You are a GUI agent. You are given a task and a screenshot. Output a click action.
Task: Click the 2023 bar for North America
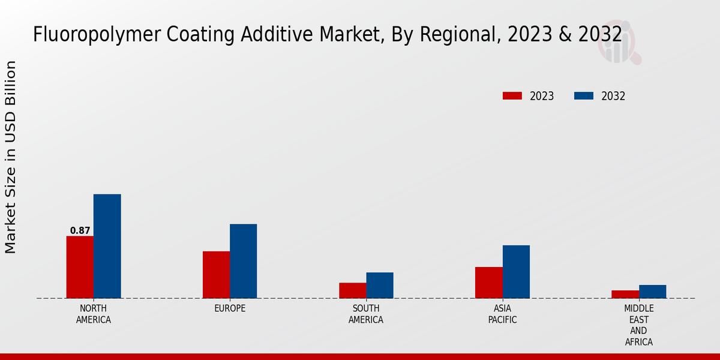[x=80, y=267]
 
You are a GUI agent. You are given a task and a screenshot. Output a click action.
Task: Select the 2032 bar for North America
[x=107, y=246]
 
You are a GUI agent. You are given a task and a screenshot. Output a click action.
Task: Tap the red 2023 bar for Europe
[x=216, y=274]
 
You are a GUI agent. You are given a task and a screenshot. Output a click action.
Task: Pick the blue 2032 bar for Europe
[x=243, y=261]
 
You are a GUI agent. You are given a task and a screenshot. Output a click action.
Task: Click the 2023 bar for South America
[x=352, y=290]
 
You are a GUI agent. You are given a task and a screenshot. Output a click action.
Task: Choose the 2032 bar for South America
[x=380, y=285]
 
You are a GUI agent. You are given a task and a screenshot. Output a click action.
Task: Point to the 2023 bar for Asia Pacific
[x=488, y=283]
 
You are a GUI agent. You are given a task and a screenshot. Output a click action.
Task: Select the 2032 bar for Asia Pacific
[x=516, y=271]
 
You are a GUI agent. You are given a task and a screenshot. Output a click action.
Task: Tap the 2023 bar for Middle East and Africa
[x=625, y=294]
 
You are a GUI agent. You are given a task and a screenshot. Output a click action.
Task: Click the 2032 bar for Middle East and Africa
[x=652, y=292]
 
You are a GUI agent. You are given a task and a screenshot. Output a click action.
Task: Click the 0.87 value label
[x=80, y=230]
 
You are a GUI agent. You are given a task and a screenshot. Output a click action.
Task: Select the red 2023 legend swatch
[x=512, y=96]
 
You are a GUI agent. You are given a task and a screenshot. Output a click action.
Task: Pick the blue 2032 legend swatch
[x=583, y=96]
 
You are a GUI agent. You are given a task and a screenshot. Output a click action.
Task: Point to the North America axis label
[x=93, y=314]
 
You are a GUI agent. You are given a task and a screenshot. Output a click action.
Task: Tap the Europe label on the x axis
[x=230, y=308]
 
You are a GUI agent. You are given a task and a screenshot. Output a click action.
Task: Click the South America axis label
[x=366, y=314]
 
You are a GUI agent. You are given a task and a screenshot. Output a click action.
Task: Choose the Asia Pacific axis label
[x=502, y=314]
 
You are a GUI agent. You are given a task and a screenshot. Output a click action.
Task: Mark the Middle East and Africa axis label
[x=638, y=325]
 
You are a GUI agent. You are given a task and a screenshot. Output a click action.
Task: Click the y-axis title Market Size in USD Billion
[x=11, y=157]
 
